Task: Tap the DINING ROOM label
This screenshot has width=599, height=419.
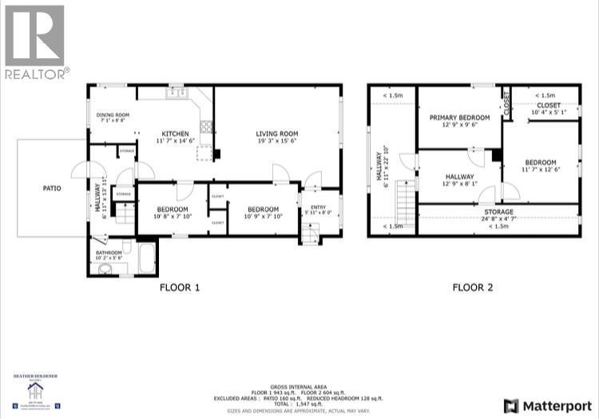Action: pyautogui.click(x=113, y=115)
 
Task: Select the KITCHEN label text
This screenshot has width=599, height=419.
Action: pyautogui.click(x=175, y=133)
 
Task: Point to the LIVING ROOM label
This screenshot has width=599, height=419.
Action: pyautogui.click(x=277, y=134)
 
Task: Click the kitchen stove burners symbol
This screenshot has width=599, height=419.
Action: pyautogui.click(x=206, y=126)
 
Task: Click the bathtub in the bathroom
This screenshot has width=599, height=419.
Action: pyautogui.click(x=147, y=258)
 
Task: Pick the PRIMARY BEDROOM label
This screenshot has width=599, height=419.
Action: pyautogui.click(x=459, y=118)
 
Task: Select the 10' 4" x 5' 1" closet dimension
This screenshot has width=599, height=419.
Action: pyautogui.click(x=548, y=113)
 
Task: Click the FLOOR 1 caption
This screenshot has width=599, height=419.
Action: pyautogui.click(x=179, y=287)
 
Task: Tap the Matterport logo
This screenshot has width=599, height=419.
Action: pyautogui.click(x=545, y=405)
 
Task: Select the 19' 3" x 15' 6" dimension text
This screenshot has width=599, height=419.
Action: pyautogui.click(x=277, y=142)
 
